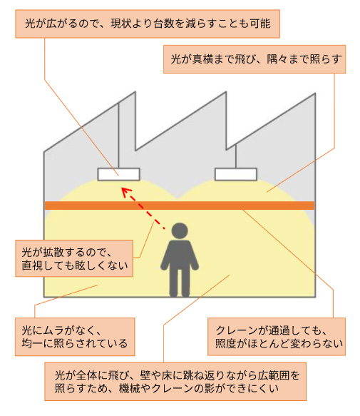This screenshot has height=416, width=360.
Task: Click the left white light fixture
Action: [x=118, y=174]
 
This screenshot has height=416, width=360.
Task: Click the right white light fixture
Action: [x=236, y=174]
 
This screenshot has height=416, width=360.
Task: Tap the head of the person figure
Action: [x=180, y=230]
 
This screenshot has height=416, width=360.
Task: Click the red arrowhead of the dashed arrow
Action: [x=126, y=191]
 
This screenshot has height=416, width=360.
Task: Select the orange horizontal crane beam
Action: [x=180, y=206]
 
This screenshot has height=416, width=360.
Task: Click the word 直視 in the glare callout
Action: [x=32, y=265]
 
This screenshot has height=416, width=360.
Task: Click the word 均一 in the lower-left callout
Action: [x=32, y=343]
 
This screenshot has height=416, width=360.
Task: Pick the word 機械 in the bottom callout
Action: [x=129, y=388]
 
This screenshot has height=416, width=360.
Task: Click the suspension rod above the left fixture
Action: [x=118, y=136]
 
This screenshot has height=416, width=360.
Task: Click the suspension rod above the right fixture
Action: [x=236, y=156]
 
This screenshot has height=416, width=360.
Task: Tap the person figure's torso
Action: [x=180, y=255]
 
